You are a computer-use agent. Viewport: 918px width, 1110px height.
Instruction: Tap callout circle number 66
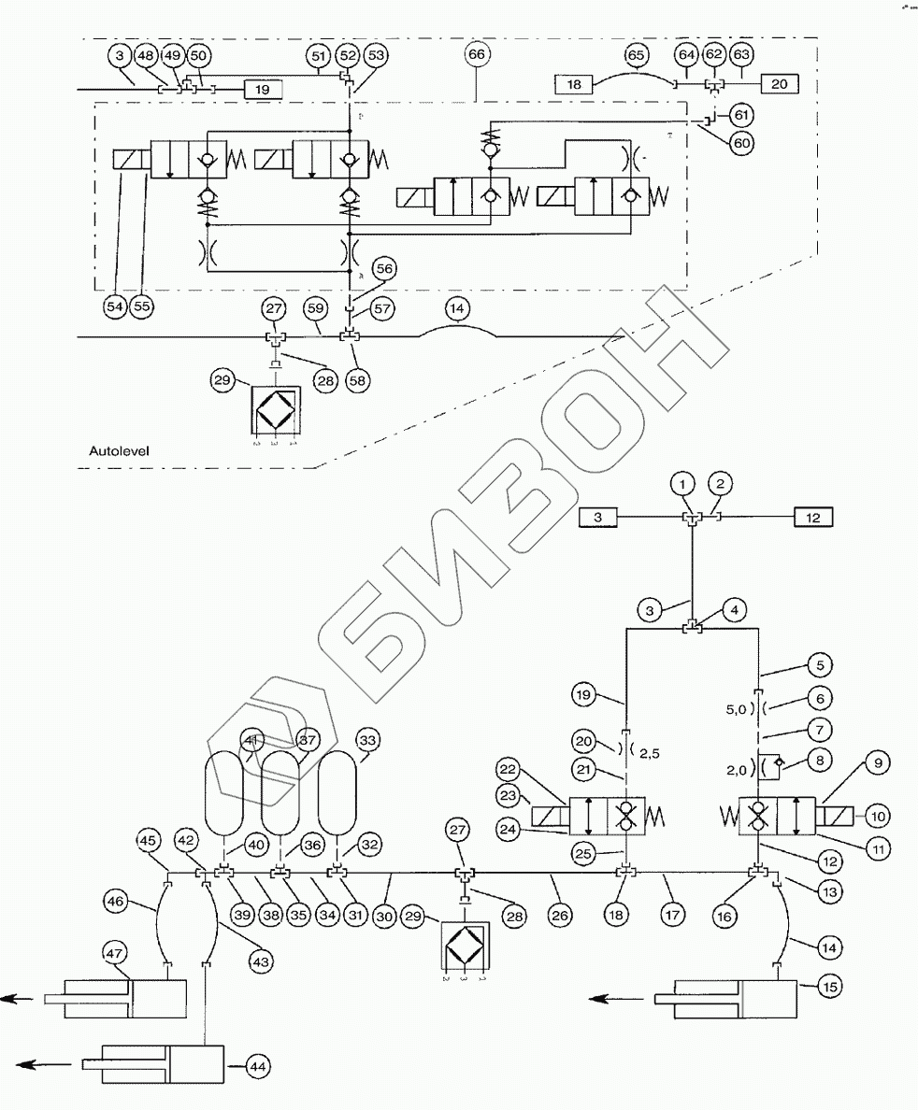coord(476,54)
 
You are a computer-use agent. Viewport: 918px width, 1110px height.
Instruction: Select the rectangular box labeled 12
coord(812,517)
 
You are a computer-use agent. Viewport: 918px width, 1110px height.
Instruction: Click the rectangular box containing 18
coord(575,84)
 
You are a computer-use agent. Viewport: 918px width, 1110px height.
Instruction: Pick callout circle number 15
coord(831,984)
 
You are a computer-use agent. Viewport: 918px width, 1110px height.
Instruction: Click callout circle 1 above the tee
coord(685,483)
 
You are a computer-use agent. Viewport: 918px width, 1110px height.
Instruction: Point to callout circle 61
coord(740,114)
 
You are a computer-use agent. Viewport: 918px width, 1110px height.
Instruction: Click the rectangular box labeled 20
coord(781,84)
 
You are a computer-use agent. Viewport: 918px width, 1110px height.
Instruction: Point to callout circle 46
coord(116,903)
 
